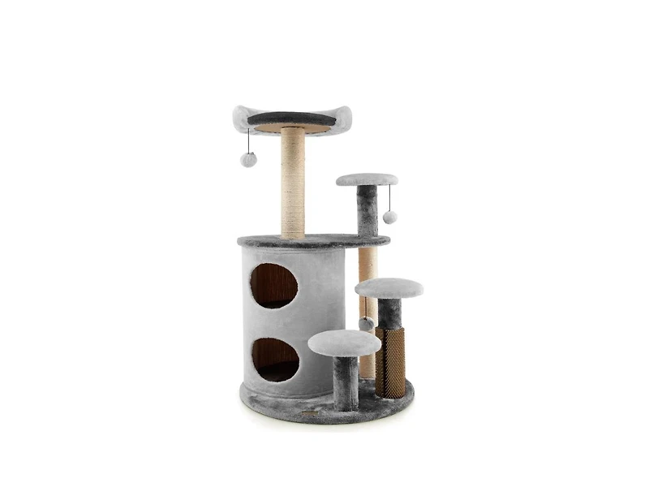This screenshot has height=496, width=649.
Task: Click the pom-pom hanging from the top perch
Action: tap(248, 159)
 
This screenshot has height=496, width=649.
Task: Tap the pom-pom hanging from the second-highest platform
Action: tap(390, 217)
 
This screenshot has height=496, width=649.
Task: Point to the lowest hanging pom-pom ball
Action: tap(367, 324)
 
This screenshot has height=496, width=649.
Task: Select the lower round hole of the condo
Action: tap(274, 360)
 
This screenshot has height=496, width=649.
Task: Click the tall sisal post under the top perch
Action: tap(293, 183)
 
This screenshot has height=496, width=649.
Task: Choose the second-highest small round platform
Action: tap(367, 179)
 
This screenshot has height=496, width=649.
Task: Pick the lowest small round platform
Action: tap(344, 343)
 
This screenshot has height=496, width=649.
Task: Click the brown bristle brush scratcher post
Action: tap(390, 360)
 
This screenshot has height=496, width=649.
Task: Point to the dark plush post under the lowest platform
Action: tap(345, 382)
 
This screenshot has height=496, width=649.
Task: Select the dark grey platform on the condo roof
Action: tap(313, 241)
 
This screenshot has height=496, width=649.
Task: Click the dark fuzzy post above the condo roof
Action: tap(367, 210)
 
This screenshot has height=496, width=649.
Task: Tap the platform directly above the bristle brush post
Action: tap(389, 287)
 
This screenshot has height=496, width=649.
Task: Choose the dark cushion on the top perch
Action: tap(290, 119)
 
